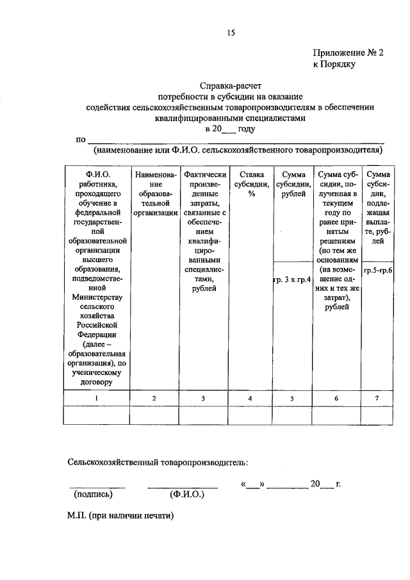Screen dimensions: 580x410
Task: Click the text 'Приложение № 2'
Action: (348, 54)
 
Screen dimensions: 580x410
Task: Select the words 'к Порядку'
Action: (334, 64)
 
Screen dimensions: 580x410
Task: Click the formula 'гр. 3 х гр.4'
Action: (293, 280)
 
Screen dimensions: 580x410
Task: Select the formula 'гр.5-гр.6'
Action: (378, 271)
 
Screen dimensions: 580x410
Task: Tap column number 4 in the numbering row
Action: (250, 399)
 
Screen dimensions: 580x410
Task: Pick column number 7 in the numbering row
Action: (377, 399)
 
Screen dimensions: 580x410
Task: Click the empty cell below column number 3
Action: (202, 415)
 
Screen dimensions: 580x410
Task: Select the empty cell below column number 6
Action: (337, 415)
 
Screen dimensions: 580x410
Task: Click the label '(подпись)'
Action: (94, 495)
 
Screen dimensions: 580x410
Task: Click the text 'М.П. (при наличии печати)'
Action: (122, 515)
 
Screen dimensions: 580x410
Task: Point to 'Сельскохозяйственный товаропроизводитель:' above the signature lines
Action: (158, 461)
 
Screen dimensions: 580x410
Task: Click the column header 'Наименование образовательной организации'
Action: (154, 193)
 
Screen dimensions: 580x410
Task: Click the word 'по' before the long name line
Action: (81, 140)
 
